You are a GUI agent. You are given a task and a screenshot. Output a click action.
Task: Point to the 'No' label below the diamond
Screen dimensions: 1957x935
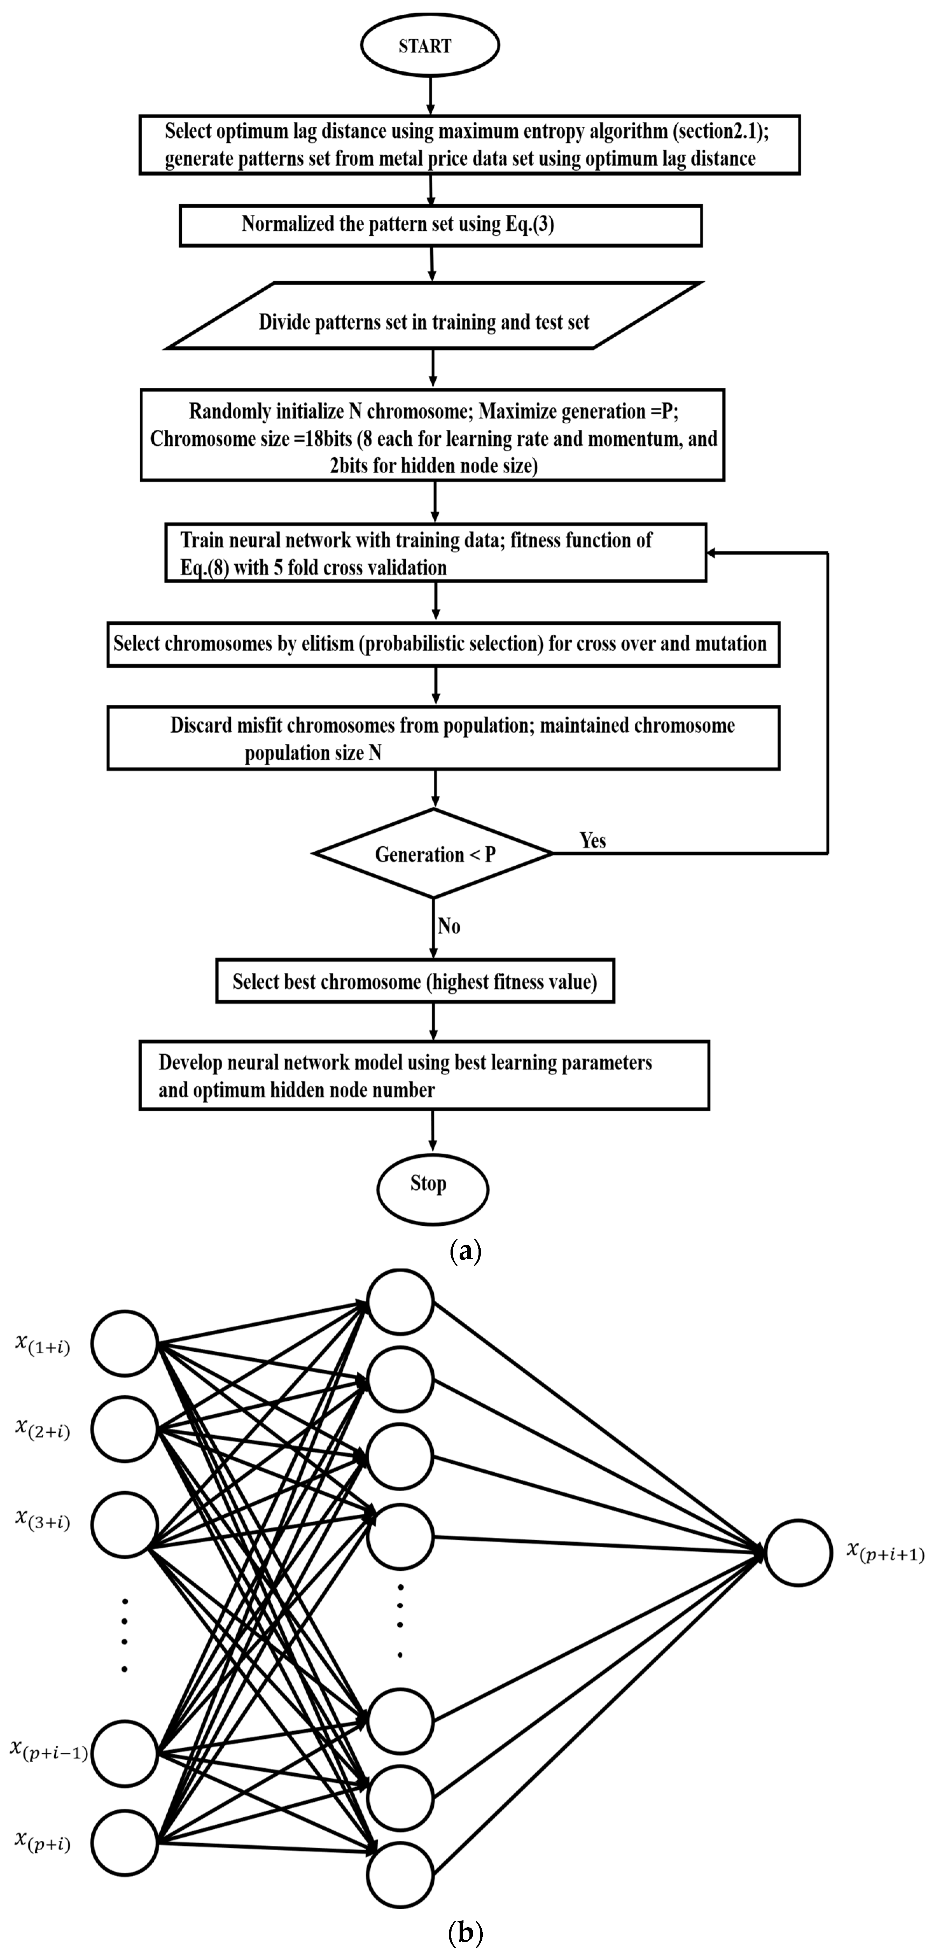(448, 926)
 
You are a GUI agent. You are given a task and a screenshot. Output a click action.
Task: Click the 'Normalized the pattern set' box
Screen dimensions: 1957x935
(440, 225)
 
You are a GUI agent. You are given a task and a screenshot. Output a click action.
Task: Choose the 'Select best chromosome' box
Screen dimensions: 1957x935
(415, 981)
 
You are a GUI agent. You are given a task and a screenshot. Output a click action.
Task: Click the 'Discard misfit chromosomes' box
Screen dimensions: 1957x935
(443, 738)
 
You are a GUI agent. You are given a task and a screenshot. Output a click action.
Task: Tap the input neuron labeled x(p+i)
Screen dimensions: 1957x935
(125, 1842)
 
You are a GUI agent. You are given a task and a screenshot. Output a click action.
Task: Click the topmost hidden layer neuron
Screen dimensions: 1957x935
(400, 1301)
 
